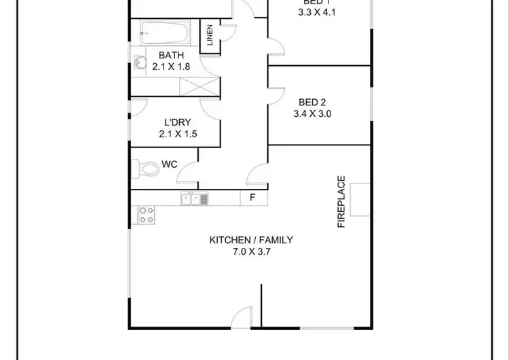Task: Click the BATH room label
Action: (x=170, y=55)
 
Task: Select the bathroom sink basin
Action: (x=140, y=63)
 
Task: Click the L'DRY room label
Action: (x=176, y=122)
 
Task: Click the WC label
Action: (x=170, y=164)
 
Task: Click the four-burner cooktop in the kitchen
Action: (x=146, y=215)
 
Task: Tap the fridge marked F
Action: (x=252, y=198)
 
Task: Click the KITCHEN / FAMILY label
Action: (x=250, y=240)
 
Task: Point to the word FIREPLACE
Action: (x=341, y=202)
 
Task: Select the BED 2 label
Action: (x=312, y=103)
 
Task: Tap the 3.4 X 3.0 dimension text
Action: (x=312, y=114)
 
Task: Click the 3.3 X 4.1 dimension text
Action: (x=317, y=12)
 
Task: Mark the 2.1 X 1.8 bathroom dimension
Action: (x=170, y=67)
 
